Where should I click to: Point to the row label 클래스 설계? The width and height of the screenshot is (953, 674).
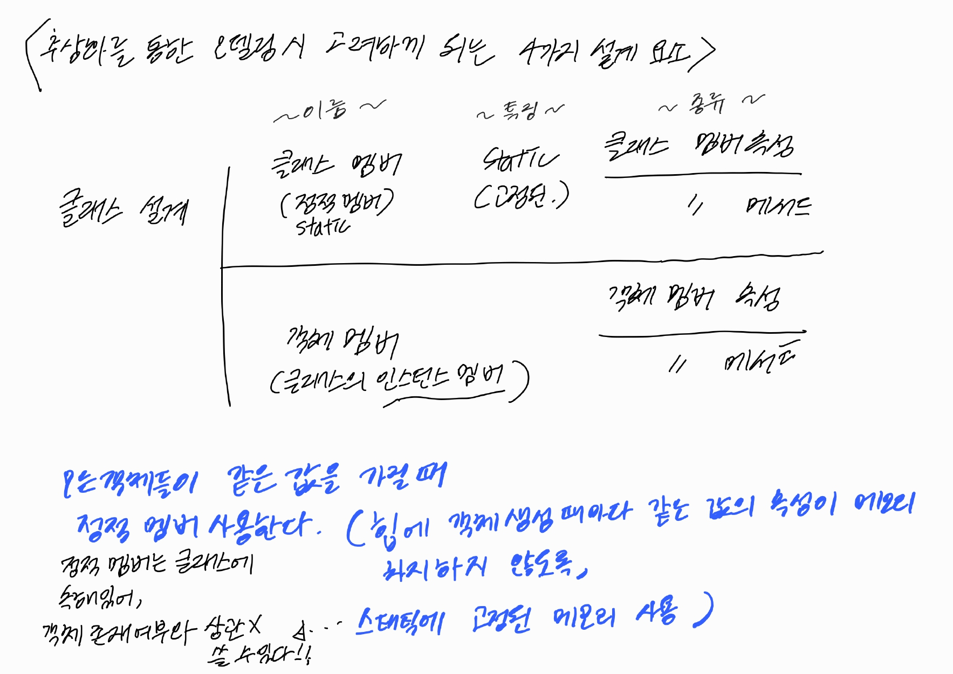click(x=123, y=209)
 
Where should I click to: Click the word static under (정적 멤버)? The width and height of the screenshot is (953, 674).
click(x=323, y=226)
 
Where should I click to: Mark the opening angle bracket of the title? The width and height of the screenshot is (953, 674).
click(x=32, y=54)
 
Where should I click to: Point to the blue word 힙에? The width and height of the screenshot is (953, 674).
click(x=399, y=526)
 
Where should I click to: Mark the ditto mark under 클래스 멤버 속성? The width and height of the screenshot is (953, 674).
click(x=696, y=204)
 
